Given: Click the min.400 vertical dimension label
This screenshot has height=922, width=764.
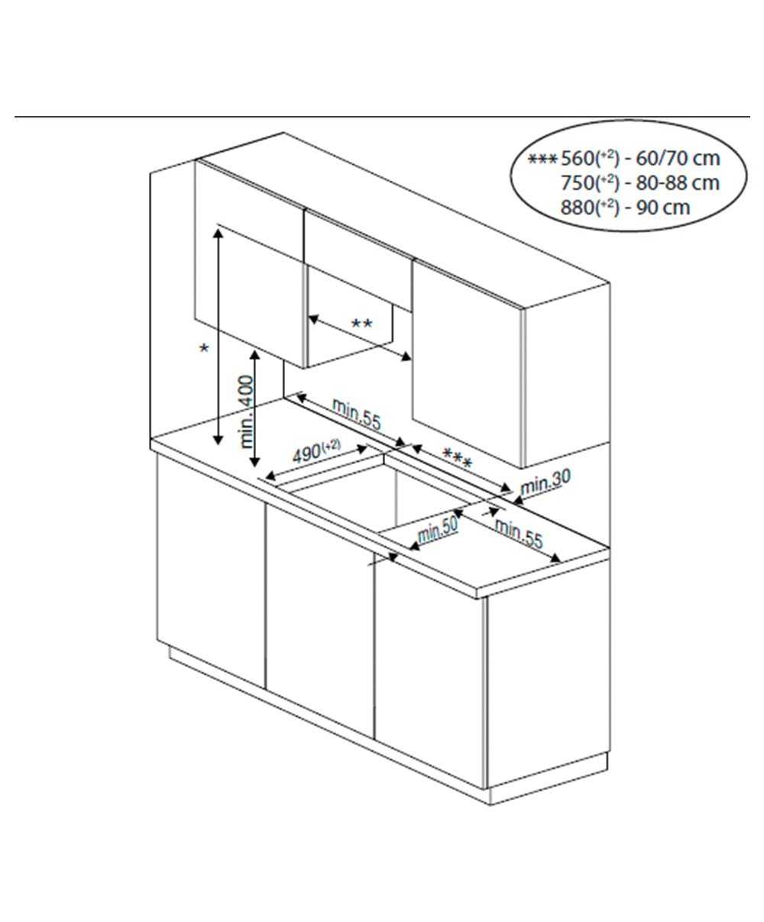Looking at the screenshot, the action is click(248, 411).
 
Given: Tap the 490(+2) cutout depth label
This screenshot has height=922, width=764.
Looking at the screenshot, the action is click(316, 452).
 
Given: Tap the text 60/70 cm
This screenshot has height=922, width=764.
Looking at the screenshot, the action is click(678, 159).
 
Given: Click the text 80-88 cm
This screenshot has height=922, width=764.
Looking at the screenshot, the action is click(678, 183).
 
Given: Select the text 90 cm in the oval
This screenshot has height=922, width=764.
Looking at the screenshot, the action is click(663, 208).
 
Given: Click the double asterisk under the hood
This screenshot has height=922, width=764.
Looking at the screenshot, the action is click(361, 324).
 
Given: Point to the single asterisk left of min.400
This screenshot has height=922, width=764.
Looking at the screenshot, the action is click(204, 348).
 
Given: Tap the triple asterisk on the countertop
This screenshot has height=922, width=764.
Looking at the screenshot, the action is click(457, 458).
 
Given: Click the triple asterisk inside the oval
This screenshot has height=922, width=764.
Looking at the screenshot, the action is click(543, 159).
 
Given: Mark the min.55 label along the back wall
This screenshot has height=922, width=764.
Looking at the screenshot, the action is click(356, 414).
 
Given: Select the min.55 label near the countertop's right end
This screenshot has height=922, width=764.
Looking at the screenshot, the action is click(518, 534).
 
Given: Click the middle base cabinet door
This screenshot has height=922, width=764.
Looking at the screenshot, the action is click(320, 621).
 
